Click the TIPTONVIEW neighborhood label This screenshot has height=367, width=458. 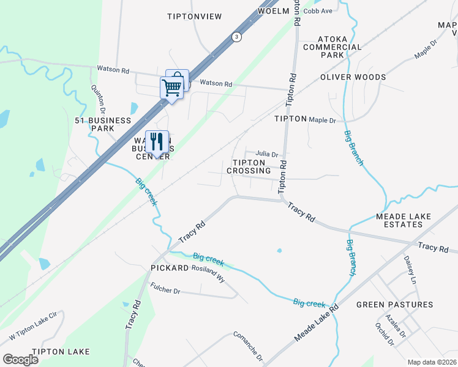point(194,17)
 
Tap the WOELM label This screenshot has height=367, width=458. point(273,12)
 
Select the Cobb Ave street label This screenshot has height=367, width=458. point(317,11)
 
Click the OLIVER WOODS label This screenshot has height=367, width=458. point(353,78)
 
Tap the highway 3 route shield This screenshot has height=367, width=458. point(236,37)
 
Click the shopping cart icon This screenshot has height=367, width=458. point(171,87)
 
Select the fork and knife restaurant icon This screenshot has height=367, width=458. point(157,142)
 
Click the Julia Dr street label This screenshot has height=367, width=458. point(267,154)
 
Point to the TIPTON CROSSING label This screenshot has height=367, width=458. point(249,166)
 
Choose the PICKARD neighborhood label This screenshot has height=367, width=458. point(168,269)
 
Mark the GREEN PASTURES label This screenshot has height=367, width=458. point(394,305)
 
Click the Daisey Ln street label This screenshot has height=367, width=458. point(409,270)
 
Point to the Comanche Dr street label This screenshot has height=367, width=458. point(247,346)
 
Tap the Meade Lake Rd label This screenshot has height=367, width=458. point(316,324)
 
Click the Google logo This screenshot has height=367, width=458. point(20,360)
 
